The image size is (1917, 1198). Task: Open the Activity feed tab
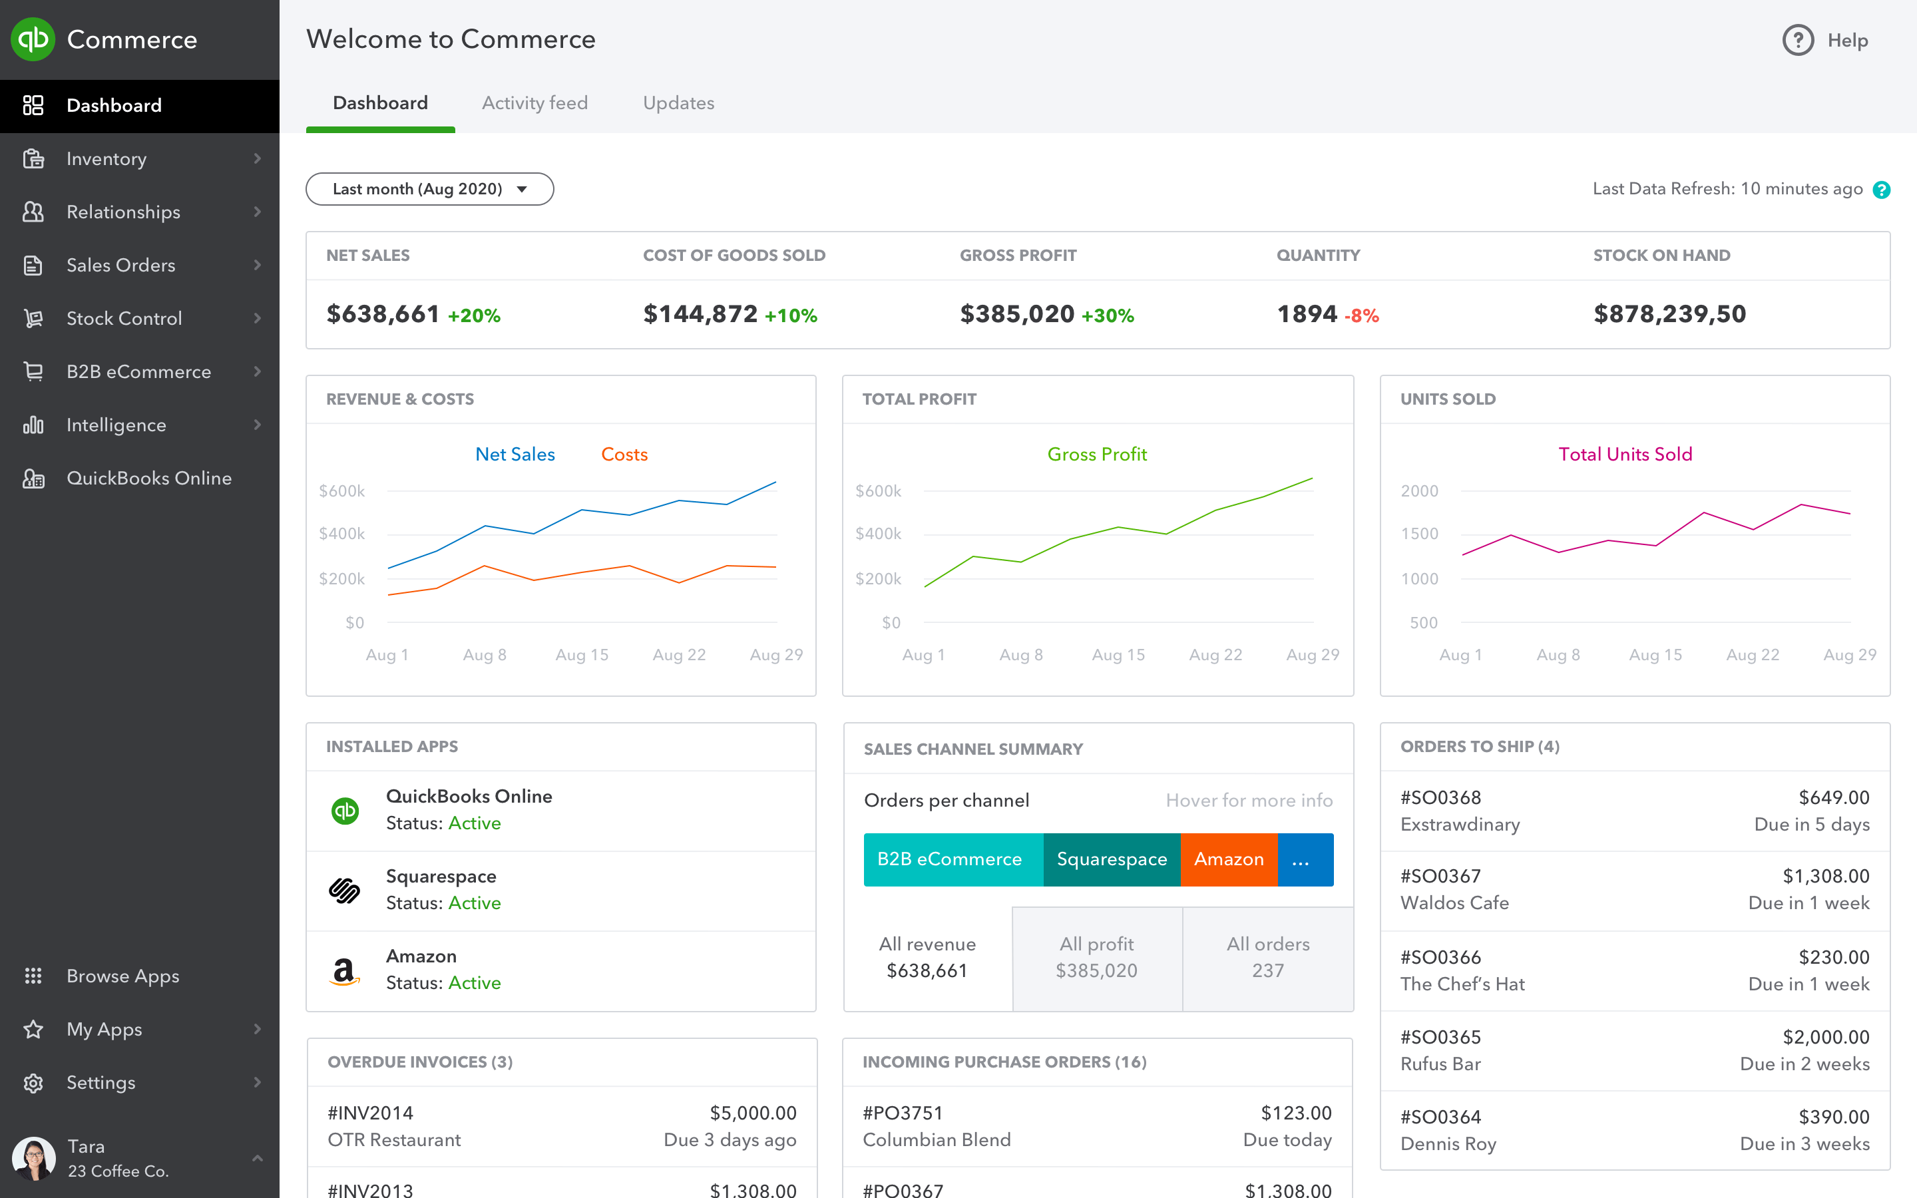534,103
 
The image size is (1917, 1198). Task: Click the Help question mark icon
1797,40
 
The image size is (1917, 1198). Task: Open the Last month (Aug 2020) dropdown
429,188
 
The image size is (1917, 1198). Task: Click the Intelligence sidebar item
116,425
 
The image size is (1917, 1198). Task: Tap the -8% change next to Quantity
1361,316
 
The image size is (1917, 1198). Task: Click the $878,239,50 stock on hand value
1669,313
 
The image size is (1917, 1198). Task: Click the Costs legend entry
624,454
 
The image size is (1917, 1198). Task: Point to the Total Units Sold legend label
1625,454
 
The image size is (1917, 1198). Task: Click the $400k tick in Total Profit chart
878,534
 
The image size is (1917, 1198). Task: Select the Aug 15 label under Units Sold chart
1655,654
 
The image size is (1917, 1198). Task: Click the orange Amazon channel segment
1229,859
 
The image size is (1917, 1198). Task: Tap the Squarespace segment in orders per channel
1112,859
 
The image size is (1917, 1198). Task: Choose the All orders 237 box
1267,957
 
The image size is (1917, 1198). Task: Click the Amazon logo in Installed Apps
343,970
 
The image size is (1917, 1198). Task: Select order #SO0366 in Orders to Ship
1440,957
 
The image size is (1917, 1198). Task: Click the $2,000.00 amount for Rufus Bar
1825,1036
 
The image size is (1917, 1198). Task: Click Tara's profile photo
33,1158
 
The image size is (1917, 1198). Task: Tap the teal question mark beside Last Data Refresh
1881,190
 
